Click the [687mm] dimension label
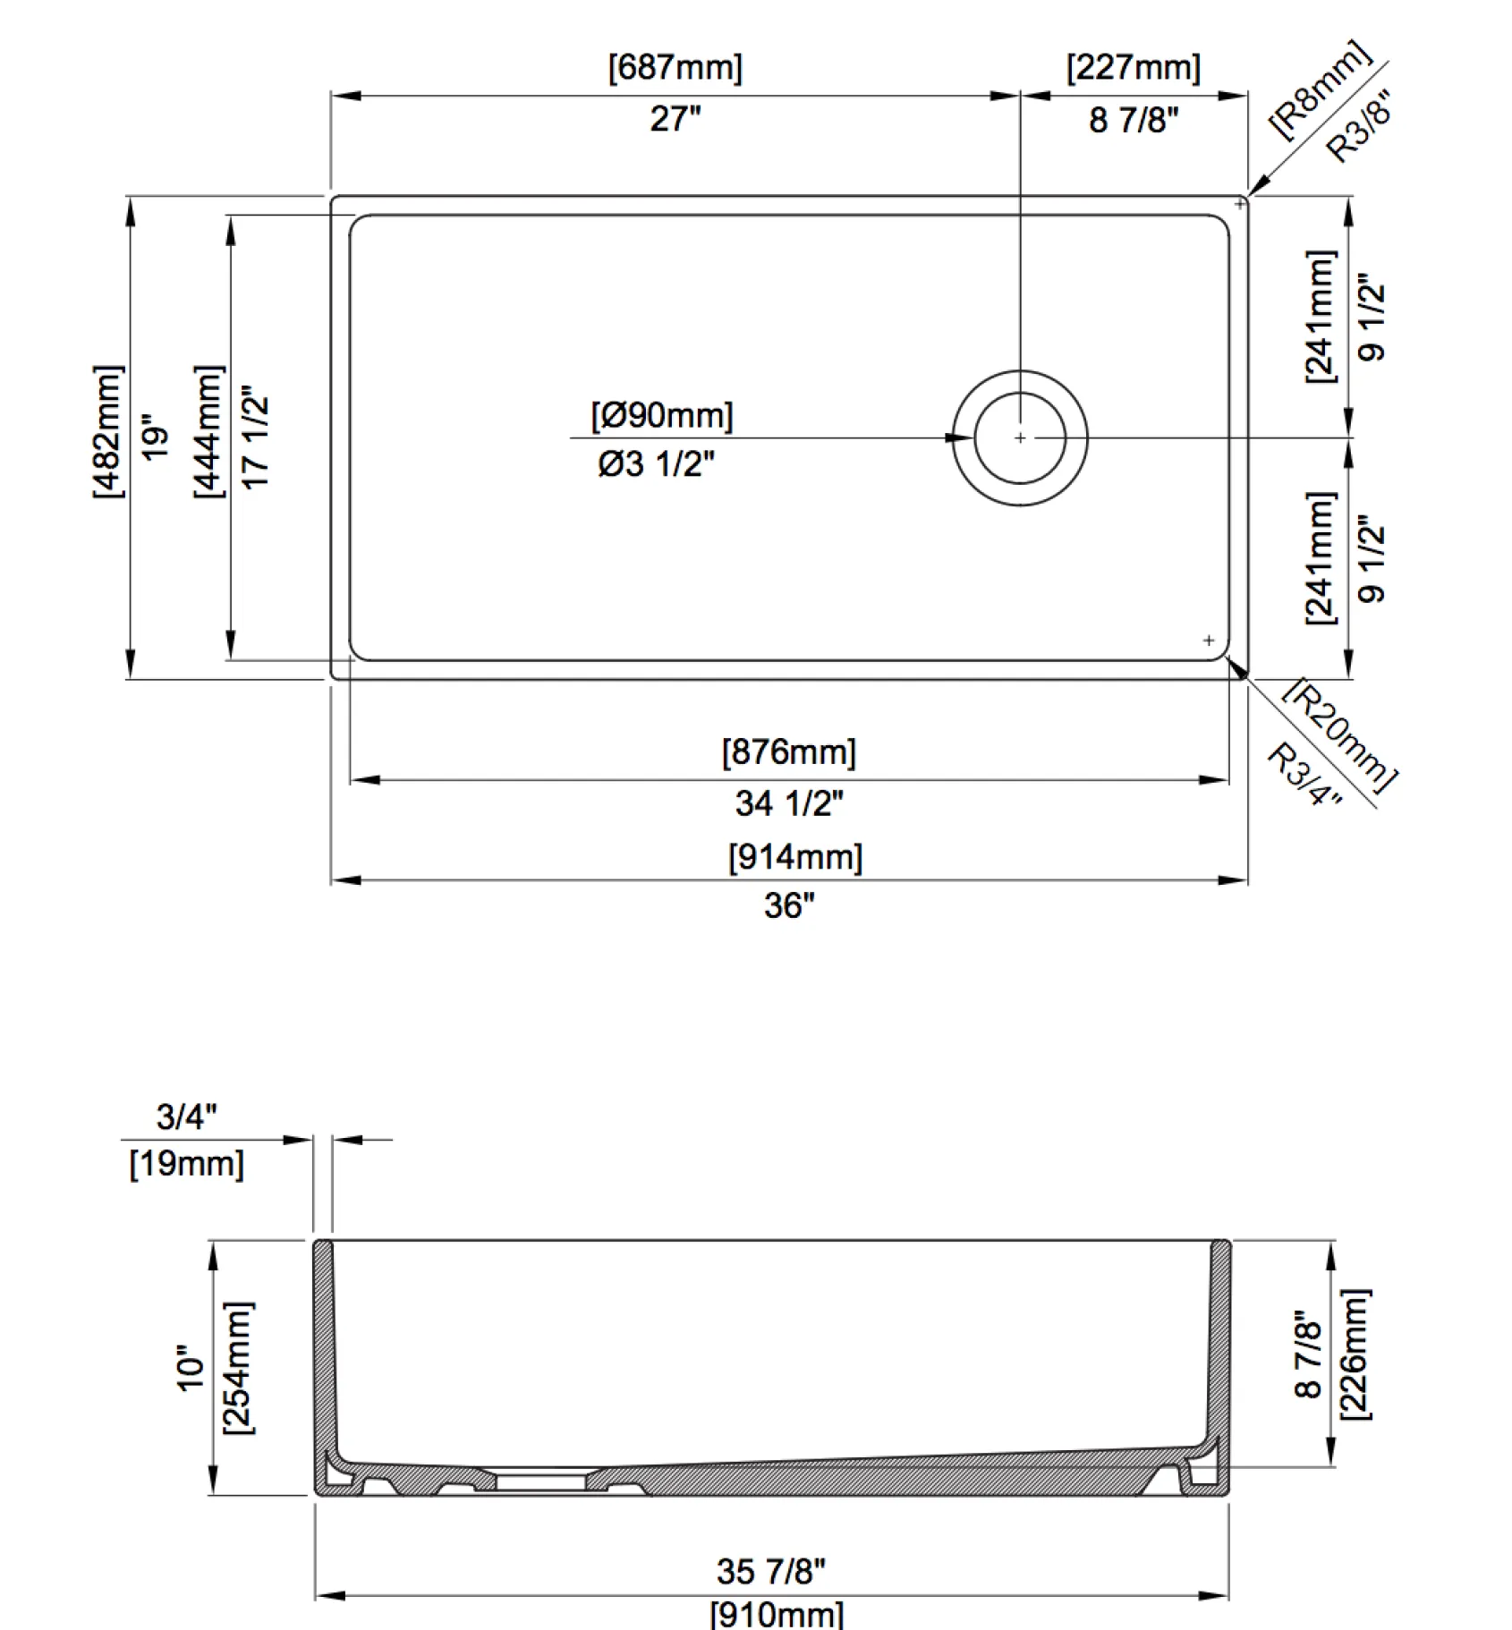[x=675, y=68]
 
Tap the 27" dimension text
[x=675, y=119]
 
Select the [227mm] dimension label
[x=1134, y=68]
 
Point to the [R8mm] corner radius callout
[x=1321, y=90]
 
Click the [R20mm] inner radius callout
[x=1339, y=734]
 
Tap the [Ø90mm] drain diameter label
[x=662, y=416]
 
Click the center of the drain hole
[x=1020, y=438]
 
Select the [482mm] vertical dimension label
[x=108, y=432]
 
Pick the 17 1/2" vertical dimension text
[x=255, y=437]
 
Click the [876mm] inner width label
[x=789, y=752]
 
